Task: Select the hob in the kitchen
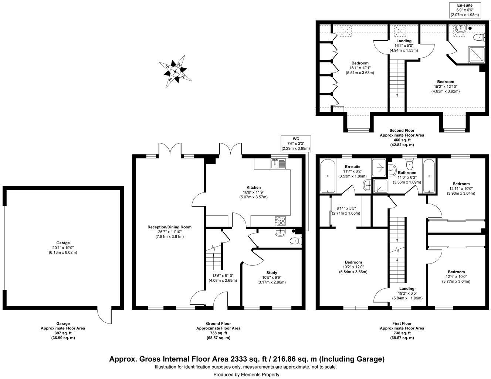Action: pyautogui.click(x=281, y=221)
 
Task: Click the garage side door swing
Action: pyautogui.click(x=104, y=316)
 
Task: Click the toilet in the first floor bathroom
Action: pyautogui.click(x=410, y=163)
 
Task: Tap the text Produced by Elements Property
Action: pyautogui.click(x=246, y=375)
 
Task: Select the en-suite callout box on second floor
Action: pyautogui.click(x=465, y=10)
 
